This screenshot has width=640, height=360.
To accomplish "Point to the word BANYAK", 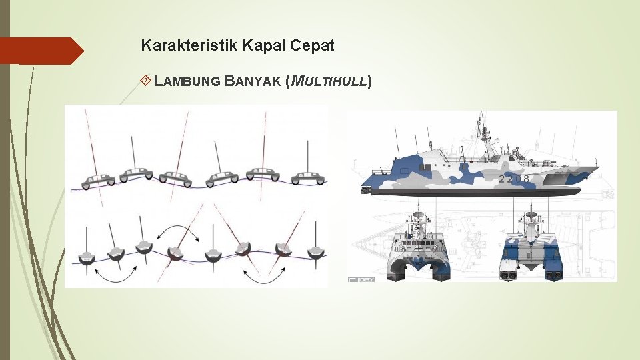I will pos(253,82).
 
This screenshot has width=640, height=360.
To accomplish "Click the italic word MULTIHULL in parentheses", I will pos(327,82).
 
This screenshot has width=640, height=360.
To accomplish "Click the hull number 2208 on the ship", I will pos(514,179).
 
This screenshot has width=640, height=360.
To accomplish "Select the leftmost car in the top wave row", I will pos(99,181).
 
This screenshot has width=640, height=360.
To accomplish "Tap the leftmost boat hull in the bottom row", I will pos(87,258).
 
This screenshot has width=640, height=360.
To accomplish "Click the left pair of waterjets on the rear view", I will pos(509,274).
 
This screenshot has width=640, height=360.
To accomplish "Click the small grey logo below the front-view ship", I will pos(361,279).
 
